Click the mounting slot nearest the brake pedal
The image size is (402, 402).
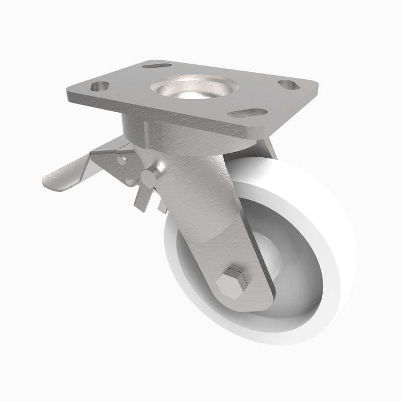[100, 85]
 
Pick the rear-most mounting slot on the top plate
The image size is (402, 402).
[155, 65]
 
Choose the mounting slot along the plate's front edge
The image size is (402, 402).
[247, 113]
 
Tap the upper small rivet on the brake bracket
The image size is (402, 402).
[122, 160]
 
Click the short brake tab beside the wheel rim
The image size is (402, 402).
[161, 205]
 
